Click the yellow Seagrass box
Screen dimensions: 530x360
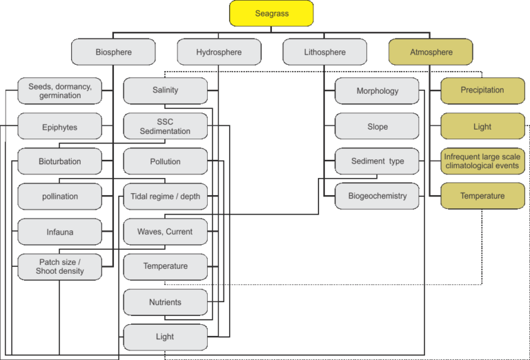[271, 14]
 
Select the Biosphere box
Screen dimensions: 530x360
[113, 52]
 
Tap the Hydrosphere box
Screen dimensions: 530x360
[219, 52]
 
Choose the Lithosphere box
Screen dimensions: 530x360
[325, 52]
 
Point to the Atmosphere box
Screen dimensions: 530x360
[431, 52]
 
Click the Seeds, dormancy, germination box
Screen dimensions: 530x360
[60, 91]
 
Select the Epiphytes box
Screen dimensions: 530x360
[60, 126]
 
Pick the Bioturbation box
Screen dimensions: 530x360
[60, 161]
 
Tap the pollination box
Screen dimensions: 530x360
[60, 197]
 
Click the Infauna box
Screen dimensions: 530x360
[60, 232]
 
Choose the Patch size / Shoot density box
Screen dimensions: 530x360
[60, 267]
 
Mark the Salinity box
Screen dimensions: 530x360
[166, 91]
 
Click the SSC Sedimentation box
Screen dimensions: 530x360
[166, 126]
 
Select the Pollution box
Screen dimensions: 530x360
[166, 161]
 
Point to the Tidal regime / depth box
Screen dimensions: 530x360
[166, 197]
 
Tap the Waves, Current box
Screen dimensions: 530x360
[166, 232]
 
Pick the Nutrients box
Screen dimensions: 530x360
[166, 302]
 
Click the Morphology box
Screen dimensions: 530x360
[377, 91]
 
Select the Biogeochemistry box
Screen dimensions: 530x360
[377, 197]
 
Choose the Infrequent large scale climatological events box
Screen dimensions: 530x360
[482, 161]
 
